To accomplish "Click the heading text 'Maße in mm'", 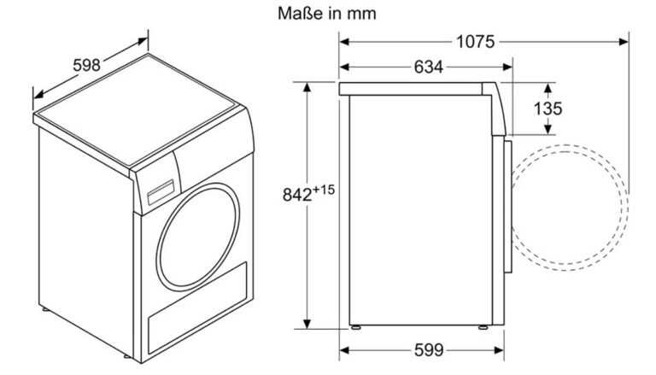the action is click(x=327, y=14).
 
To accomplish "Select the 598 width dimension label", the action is click(x=86, y=65).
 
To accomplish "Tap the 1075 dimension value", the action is click(x=475, y=42).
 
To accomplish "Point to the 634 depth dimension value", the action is click(x=429, y=67).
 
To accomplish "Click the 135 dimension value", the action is click(x=548, y=108).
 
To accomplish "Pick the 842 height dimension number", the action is click(x=297, y=195).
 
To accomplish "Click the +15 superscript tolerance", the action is click(x=325, y=190).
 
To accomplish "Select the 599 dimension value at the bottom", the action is click(x=429, y=350).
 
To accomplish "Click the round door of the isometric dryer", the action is click(x=198, y=237).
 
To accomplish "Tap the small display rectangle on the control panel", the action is click(x=161, y=192).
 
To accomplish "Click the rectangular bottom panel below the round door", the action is click(x=197, y=308).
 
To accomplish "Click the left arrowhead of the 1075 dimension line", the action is click(x=344, y=42).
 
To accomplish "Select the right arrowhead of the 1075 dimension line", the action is click(x=624, y=42).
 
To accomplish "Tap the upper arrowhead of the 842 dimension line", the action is click(x=307, y=87).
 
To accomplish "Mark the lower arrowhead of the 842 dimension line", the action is click(x=307, y=324).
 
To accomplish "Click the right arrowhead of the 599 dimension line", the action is click(x=499, y=350).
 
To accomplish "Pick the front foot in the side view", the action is click(x=483, y=327).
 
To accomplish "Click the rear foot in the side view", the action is click(x=356, y=327).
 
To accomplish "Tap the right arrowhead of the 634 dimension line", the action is click(x=507, y=67).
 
